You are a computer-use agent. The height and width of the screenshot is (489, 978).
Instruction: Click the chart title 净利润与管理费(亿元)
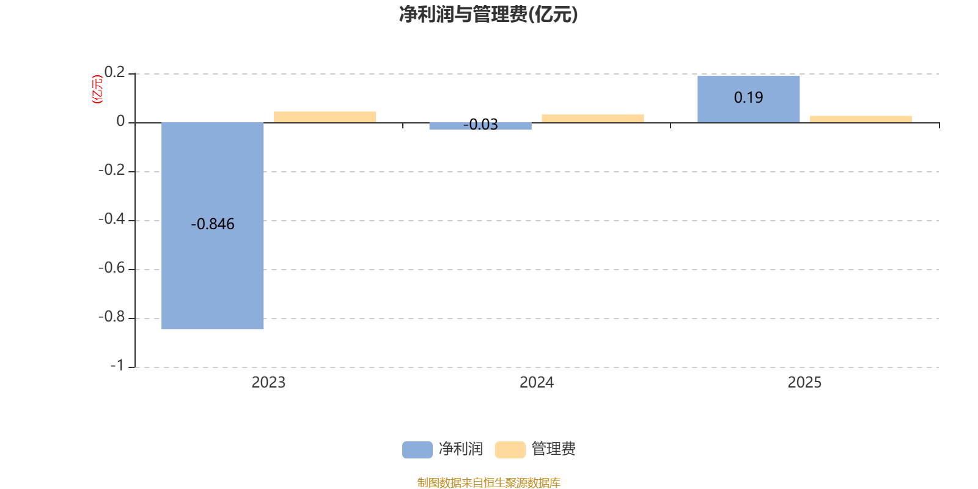pos(488,14)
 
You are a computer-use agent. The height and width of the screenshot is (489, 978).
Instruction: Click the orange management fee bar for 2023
pos(325,117)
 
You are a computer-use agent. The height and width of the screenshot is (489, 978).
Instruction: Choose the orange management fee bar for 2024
pos(592,118)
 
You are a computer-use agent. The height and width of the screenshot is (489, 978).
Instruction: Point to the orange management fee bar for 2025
pos(861,119)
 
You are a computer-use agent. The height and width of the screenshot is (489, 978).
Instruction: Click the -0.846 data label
pos(213,224)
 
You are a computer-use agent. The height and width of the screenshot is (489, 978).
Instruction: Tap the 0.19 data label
pos(748,98)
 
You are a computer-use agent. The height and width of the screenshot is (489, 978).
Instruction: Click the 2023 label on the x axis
pos(268,383)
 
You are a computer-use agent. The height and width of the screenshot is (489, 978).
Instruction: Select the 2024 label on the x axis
pos(537,383)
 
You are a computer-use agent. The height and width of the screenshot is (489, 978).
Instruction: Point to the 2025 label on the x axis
pos(804,383)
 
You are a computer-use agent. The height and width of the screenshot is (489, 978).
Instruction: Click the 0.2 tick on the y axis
pos(114,73)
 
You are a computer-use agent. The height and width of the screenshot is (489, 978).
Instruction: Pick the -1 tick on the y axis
pos(117,366)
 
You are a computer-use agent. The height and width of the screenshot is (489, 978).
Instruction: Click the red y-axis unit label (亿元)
pos(97,89)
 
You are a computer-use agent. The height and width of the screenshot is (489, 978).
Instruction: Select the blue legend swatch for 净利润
pos(417,449)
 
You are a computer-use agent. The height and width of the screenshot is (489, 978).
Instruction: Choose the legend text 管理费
pos(553,449)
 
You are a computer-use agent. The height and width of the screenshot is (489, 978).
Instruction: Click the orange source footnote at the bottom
pos(488,483)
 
